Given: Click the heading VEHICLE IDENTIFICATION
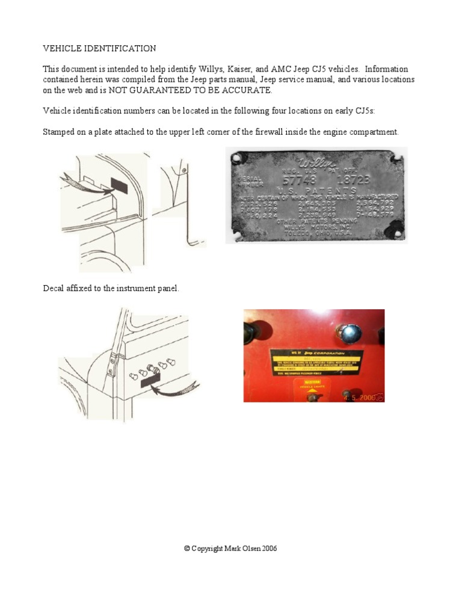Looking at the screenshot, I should point(99,48).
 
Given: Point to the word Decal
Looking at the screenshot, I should point(54,289).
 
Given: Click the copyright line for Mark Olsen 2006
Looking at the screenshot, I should point(230,549).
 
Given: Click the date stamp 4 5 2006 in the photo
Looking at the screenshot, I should point(363,396).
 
